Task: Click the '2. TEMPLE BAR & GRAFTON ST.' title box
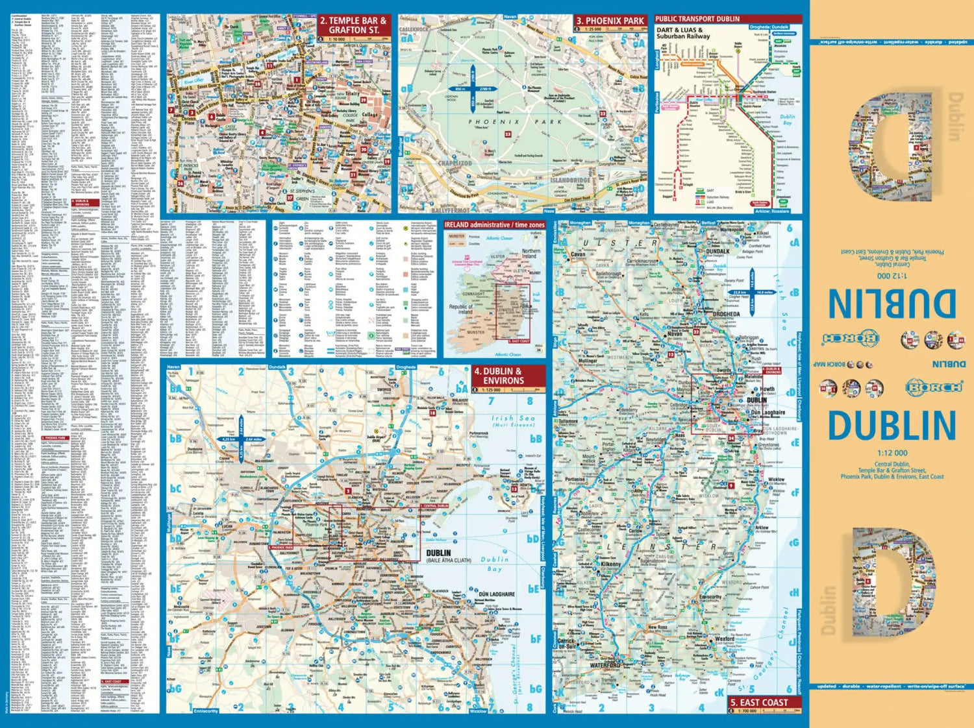354,25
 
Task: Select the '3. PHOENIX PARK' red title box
610,21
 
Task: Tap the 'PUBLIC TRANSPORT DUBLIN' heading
697,19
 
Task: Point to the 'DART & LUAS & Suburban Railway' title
683,33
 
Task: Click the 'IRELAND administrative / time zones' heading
494,225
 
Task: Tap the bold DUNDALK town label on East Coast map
718,251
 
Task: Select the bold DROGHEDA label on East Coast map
726,314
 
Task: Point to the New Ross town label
657,627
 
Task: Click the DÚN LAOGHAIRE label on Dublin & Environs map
497,594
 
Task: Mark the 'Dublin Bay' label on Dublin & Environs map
495,564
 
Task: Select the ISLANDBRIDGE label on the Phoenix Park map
571,180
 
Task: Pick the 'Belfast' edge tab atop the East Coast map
708,223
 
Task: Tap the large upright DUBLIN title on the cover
892,426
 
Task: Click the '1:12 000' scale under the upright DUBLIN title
892,453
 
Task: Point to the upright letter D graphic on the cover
893,582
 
